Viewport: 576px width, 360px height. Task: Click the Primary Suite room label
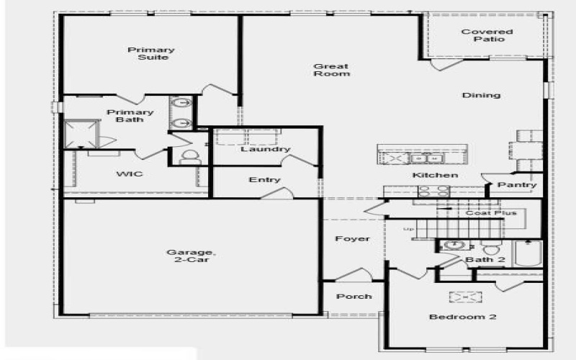coord(151,53)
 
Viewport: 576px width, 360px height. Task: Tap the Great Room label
coord(331,70)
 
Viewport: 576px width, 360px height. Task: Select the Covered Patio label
coord(487,35)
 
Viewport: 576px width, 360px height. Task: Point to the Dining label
coord(481,95)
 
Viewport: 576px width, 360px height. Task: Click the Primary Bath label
coord(130,116)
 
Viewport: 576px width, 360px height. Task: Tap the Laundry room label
coord(265,149)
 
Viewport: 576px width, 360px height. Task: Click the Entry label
coord(264,180)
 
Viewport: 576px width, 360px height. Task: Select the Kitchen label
coord(435,176)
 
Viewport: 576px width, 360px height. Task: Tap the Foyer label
coord(353,238)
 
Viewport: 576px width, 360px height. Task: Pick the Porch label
coord(354,296)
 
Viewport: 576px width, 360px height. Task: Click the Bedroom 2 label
coord(462,317)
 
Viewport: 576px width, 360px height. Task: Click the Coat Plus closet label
coord(491,212)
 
